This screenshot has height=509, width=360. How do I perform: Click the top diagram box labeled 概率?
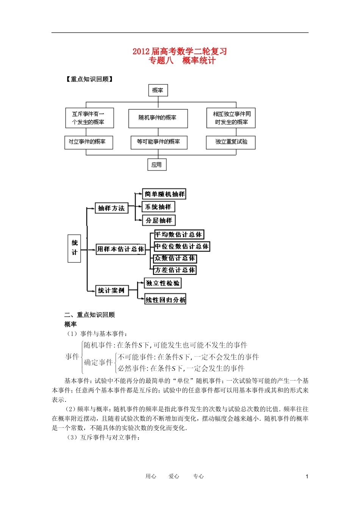[158, 90]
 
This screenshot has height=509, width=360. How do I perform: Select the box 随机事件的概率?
[158, 118]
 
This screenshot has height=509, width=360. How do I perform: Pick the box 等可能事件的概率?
[158, 142]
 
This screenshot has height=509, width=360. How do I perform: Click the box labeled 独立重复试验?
[231, 142]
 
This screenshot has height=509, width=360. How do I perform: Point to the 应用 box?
[157, 165]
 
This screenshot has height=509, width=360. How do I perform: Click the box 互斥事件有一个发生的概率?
[89, 118]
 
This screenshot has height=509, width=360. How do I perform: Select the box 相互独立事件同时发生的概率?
[231, 118]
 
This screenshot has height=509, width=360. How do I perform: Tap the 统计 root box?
[74, 248]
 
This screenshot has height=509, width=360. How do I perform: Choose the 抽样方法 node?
[111, 208]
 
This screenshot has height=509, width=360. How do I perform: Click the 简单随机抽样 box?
[164, 194]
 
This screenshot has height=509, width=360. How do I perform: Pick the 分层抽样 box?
[159, 220]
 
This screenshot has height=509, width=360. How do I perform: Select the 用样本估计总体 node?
[121, 249]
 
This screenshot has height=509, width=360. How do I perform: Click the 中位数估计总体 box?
[182, 247]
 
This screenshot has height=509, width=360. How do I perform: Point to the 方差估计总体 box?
[175, 270]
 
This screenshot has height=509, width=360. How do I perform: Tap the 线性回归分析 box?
[166, 300]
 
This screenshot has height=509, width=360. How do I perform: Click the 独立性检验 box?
[163, 283]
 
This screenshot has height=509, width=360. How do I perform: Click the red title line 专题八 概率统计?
[182, 61]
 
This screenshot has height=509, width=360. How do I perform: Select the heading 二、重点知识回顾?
[89, 315]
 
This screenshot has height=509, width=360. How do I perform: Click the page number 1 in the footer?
[307, 476]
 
